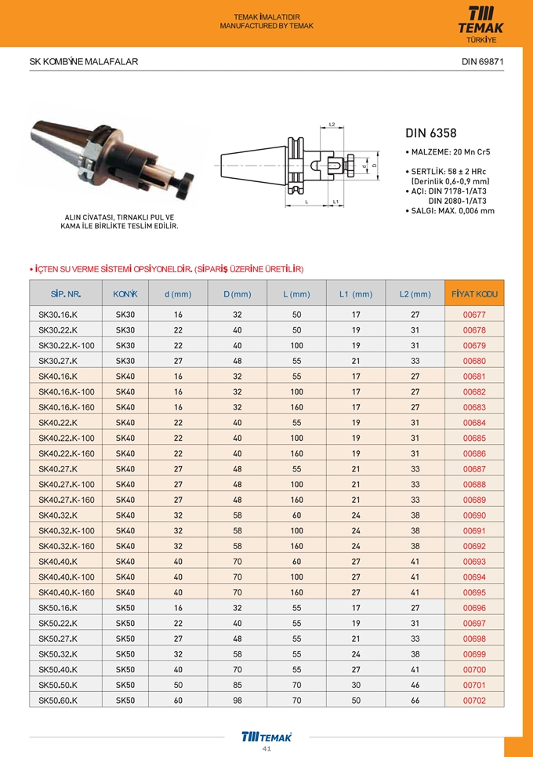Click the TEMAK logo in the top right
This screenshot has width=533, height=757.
point(480,22)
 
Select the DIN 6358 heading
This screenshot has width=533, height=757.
point(431,133)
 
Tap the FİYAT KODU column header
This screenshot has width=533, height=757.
point(474,294)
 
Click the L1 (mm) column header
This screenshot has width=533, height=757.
point(355,294)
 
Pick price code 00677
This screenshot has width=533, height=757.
point(474,315)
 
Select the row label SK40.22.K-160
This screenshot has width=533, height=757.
point(67,453)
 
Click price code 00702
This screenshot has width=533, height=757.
point(474,701)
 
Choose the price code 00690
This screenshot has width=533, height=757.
point(474,515)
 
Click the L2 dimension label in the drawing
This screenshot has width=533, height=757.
point(332,125)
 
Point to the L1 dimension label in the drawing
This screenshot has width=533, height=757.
point(335,202)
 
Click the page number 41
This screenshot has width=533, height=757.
point(266,749)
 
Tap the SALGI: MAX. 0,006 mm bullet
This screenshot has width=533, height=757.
point(450,211)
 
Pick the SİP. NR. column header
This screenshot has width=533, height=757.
point(66,294)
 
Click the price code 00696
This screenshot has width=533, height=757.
point(474,608)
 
